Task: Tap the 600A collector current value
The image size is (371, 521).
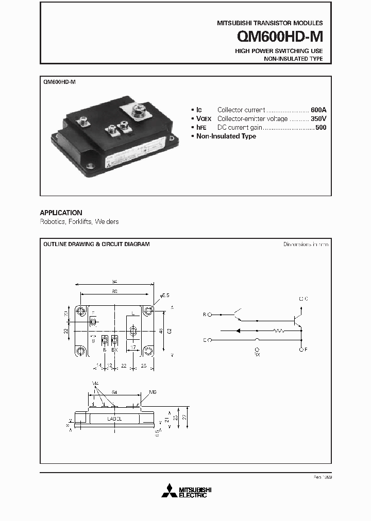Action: (319, 110)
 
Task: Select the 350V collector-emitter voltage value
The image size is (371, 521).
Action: (318, 119)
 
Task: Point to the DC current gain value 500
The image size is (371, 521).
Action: (321, 128)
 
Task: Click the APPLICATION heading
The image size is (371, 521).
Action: (61, 213)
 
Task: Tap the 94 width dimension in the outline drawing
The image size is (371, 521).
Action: (115, 282)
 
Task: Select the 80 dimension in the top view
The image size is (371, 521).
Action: (114, 291)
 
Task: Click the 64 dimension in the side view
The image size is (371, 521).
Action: (114, 392)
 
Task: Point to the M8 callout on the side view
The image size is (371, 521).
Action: (153, 392)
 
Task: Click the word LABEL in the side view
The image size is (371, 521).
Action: (114, 419)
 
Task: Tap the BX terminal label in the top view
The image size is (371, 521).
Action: (115, 350)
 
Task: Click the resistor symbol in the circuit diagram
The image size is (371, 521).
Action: (278, 331)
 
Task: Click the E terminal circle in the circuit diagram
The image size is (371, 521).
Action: (210, 340)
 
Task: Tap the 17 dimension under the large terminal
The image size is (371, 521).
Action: (132, 348)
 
